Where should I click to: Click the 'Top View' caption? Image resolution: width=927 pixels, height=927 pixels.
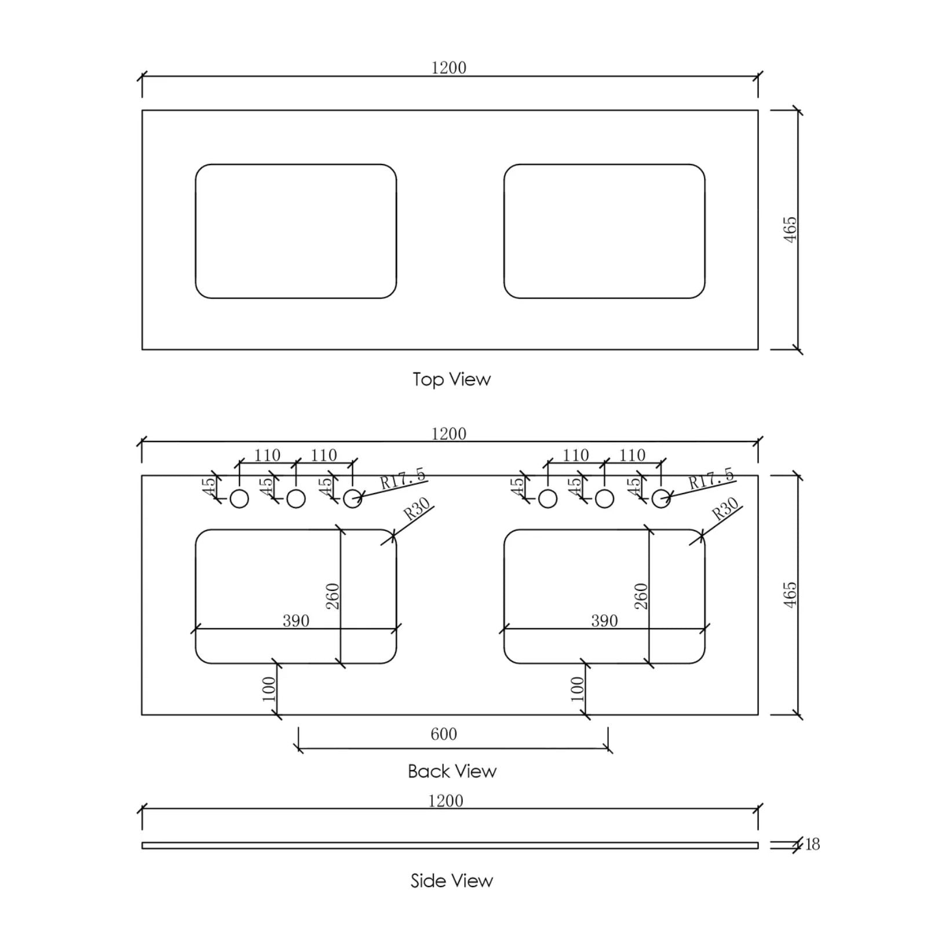pyautogui.click(x=451, y=379)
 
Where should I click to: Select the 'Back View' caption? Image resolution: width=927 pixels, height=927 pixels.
pyautogui.click(x=451, y=771)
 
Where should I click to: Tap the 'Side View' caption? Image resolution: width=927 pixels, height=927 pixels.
pyautogui.click(x=451, y=881)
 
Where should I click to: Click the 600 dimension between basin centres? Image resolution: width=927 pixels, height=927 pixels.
pyautogui.click(x=444, y=734)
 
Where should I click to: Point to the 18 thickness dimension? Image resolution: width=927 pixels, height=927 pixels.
pyautogui.click(x=812, y=844)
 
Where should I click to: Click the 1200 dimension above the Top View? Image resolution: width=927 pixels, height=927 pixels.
pyautogui.click(x=448, y=68)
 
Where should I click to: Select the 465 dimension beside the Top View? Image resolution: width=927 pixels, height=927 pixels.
pyautogui.click(x=790, y=229)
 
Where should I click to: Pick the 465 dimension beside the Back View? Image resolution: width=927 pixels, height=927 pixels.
pyautogui.click(x=790, y=595)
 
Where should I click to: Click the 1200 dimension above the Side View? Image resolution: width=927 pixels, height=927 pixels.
pyautogui.click(x=446, y=801)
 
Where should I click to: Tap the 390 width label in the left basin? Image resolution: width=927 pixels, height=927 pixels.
pyautogui.click(x=295, y=621)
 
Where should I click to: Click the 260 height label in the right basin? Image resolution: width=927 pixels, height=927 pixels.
pyautogui.click(x=641, y=596)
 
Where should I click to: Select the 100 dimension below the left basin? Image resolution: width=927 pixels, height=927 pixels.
pyautogui.click(x=269, y=689)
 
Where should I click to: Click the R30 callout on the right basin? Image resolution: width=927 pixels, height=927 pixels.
pyautogui.click(x=725, y=508)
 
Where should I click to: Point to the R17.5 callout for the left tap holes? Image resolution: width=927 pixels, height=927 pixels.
pyautogui.click(x=403, y=479)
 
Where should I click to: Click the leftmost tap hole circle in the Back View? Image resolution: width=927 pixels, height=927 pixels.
pyautogui.click(x=239, y=498)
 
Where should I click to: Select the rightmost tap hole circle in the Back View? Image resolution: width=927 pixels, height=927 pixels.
pyautogui.click(x=661, y=498)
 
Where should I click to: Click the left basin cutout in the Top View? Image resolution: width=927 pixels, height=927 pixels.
pyautogui.click(x=295, y=231)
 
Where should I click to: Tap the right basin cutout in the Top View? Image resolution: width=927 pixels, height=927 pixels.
pyautogui.click(x=604, y=231)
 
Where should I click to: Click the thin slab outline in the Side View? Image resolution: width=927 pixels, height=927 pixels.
pyautogui.click(x=450, y=845)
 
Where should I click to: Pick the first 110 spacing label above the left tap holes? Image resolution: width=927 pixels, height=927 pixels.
pyautogui.click(x=267, y=455)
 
